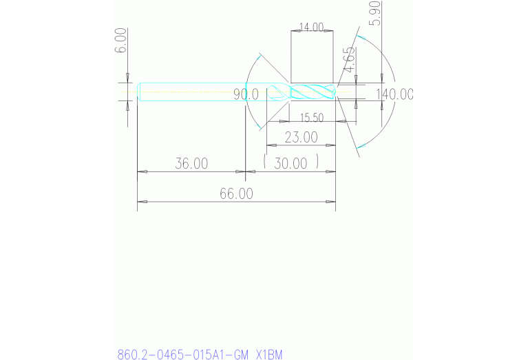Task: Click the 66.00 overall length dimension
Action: point(236,194)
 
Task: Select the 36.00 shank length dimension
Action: point(191,164)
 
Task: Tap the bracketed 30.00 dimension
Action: point(291,164)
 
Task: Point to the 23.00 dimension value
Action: point(301,138)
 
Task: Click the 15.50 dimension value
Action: point(312,118)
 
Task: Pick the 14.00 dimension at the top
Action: point(311,28)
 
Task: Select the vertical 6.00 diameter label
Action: point(120,41)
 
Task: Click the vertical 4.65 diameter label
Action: point(349,59)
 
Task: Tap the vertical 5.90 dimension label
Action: point(374,12)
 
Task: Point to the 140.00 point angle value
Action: point(394,94)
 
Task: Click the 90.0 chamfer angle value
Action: point(246,94)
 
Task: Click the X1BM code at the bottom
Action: point(268,355)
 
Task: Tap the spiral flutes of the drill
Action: point(313,92)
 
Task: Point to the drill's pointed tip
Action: point(337,92)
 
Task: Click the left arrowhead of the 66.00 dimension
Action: point(142,202)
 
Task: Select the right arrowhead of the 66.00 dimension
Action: point(331,202)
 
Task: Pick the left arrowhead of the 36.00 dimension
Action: point(142,171)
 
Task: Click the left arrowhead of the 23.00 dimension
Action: point(271,145)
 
